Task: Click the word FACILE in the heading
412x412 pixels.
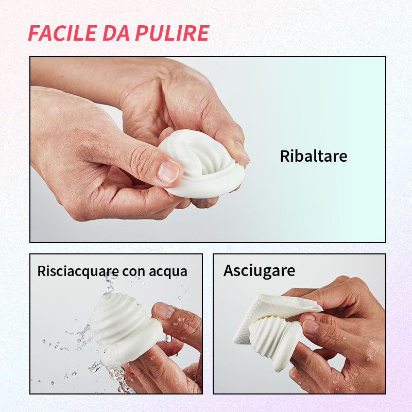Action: pyautogui.click(x=63, y=33)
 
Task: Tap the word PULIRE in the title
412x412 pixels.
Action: pyautogui.click(x=172, y=33)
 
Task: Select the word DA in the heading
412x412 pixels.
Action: pyautogui.click(x=116, y=33)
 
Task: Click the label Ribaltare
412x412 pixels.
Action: pyautogui.click(x=314, y=156)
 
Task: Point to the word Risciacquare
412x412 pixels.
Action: pyautogui.click(x=78, y=271)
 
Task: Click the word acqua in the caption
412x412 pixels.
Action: pyautogui.click(x=168, y=272)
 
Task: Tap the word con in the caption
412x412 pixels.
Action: pyautogui.click(x=133, y=272)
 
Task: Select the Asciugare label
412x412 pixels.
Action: pyautogui.click(x=259, y=271)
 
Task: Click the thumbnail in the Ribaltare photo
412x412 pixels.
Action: pyautogui.click(x=168, y=173)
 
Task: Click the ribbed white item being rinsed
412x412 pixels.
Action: pyautogui.click(x=124, y=329)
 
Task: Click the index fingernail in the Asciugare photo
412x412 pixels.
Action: pyautogui.click(x=311, y=327)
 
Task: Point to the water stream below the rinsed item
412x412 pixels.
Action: pyautogui.click(x=118, y=379)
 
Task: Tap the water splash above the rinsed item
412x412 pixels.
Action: pyautogui.click(x=110, y=284)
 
